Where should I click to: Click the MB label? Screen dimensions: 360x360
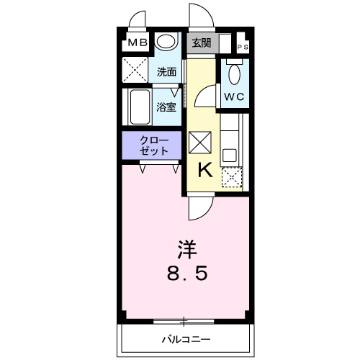tap(138, 43)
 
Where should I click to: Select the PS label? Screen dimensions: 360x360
tap(243, 48)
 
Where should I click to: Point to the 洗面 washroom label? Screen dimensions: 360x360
tap(166, 72)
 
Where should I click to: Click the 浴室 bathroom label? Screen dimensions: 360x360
tap(166, 107)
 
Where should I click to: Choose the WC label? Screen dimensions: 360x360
tap(233, 96)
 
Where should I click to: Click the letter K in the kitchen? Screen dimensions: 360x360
tap(204, 171)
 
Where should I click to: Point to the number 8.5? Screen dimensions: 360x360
tap(189, 274)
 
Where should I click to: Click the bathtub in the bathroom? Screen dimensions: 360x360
tap(139, 108)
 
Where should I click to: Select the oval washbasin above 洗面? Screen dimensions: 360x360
tap(167, 42)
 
